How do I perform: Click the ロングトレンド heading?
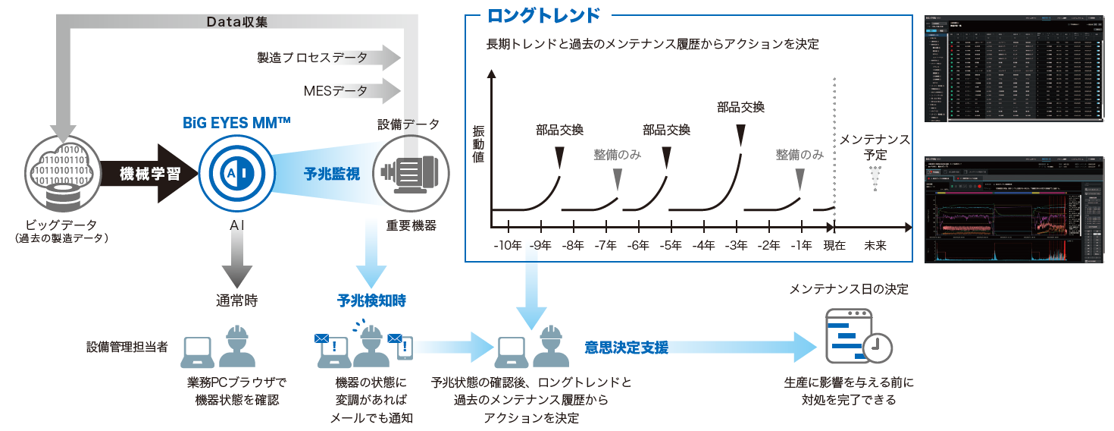click(x=543, y=15)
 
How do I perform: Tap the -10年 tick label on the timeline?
click(x=508, y=245)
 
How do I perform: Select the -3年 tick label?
click(x=736, y=245)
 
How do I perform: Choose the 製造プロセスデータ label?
click(x=312, y=57)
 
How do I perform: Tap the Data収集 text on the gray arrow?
click(x=236, y=22)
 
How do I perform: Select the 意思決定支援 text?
click(x=626, y=348)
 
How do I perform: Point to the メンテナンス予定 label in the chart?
click(x=875, y=146)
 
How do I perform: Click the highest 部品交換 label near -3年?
click(x=740, y=107)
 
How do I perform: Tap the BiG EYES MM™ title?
click(x=236, y=122)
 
